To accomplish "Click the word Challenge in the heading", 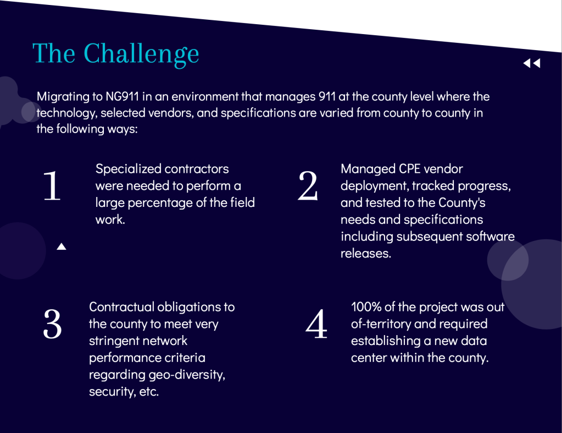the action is point(141,54).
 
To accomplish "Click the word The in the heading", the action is point(54,53).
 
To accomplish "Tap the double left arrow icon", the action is point(532,63).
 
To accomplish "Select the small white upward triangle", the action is point(62,246).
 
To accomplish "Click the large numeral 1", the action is point(52,185).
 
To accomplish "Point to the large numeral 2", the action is point(308,185).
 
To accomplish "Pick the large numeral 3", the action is point(52,324).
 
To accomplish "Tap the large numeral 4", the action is point(316,324).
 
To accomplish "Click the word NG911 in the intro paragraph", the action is point(122,97).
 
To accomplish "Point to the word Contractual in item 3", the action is point(121,307).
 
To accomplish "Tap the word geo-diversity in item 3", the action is point(187,375).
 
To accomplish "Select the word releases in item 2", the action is point(365,254).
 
